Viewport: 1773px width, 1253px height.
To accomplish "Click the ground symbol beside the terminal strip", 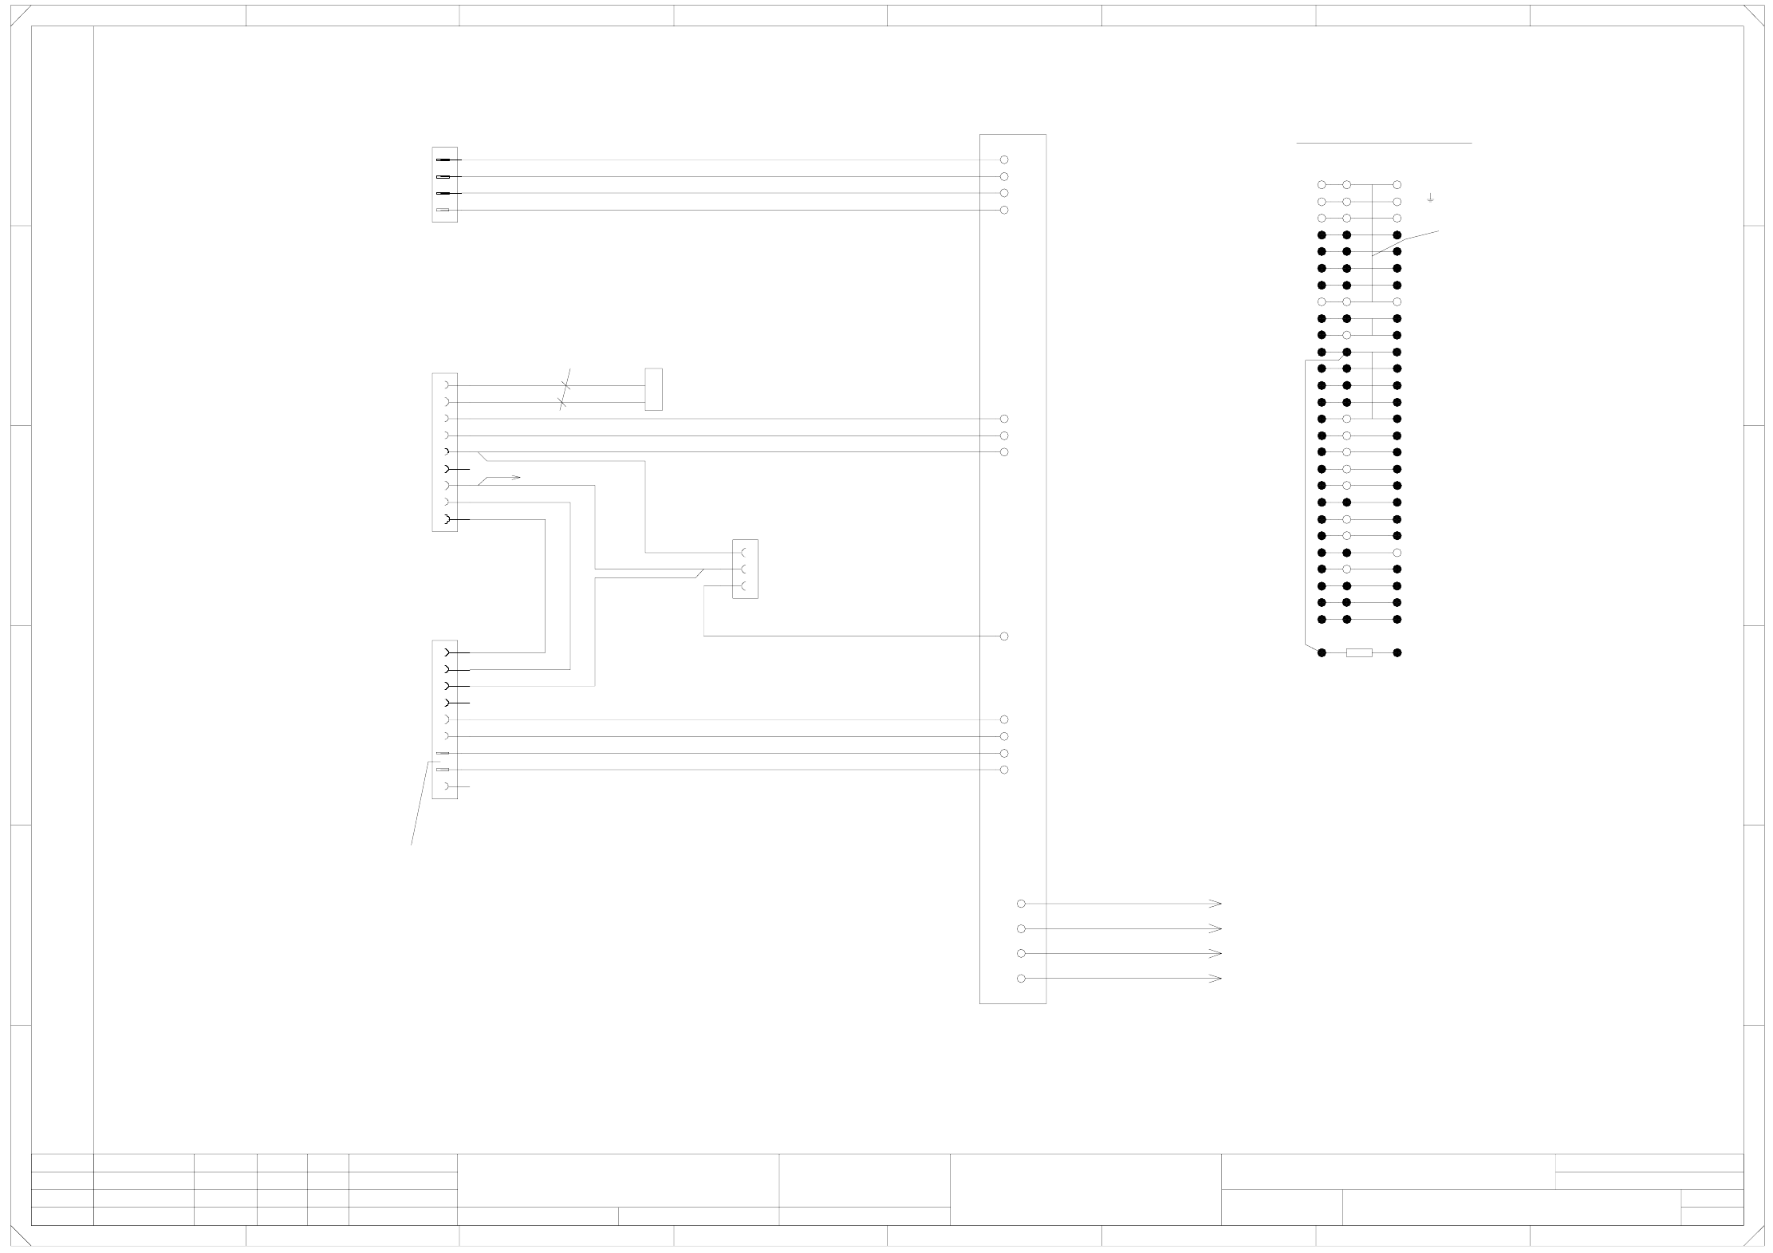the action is [x=1430, y=197].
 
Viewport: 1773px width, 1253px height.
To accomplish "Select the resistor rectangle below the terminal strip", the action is [x=1359, y=652].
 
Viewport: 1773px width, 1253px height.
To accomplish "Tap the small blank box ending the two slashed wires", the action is [x=653, y=389].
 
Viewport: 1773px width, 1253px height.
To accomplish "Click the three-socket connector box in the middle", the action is [x=745, y=569].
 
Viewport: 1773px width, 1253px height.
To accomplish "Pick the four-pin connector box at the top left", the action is [x=444, y=184].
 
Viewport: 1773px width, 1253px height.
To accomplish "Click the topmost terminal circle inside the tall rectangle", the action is [x=1004, y=160].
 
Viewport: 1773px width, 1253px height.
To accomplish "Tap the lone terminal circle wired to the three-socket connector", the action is [x=1004, y=636].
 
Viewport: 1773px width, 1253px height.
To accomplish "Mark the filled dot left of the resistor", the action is [x=1322, y=652].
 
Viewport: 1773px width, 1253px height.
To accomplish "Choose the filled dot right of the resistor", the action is [x=1397, y=652].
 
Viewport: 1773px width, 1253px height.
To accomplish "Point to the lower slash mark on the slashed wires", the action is [x=562, y=403].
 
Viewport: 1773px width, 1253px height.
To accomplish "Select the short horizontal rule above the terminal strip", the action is [x=1384, y=144].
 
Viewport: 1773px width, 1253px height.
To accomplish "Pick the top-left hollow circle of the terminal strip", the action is [x=1322, y=185].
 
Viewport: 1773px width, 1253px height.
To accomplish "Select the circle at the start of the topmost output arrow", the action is [x=1021, y=904].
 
